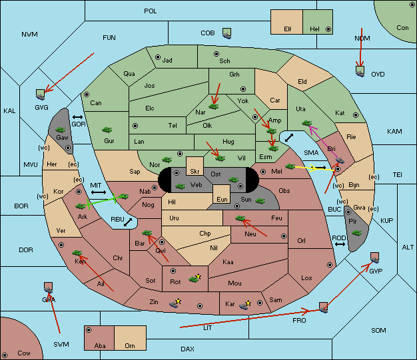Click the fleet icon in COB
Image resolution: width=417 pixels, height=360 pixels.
point(227,33)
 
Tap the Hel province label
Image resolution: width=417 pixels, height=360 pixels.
point(314,29)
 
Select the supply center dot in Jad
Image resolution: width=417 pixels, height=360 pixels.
point(158,57)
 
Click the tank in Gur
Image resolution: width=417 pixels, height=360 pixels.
point(107,130)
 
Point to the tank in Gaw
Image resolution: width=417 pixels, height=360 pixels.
point(60,130)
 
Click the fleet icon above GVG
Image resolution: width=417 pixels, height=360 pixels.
point(41,94)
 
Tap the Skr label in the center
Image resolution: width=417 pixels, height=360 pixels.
point(195,172)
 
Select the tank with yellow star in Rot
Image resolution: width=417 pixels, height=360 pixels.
point(195,278)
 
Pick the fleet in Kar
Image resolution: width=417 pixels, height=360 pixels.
point(244,305)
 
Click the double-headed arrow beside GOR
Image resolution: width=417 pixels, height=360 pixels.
point(77,117)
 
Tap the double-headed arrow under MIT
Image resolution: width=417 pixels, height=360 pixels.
point(99,192)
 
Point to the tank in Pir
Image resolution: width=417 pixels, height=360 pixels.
point(356,233)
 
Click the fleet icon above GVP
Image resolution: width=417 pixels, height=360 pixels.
point(375,258)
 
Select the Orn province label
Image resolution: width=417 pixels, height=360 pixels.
point(130,345)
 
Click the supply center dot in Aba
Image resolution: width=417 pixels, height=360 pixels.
point(89,330)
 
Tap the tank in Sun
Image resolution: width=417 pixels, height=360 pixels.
point(260,201)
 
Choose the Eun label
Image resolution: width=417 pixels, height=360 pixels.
point(222,199)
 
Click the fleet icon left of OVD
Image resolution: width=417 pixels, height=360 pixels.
point(360,71)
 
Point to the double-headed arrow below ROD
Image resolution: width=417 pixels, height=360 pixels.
point(340,244)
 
